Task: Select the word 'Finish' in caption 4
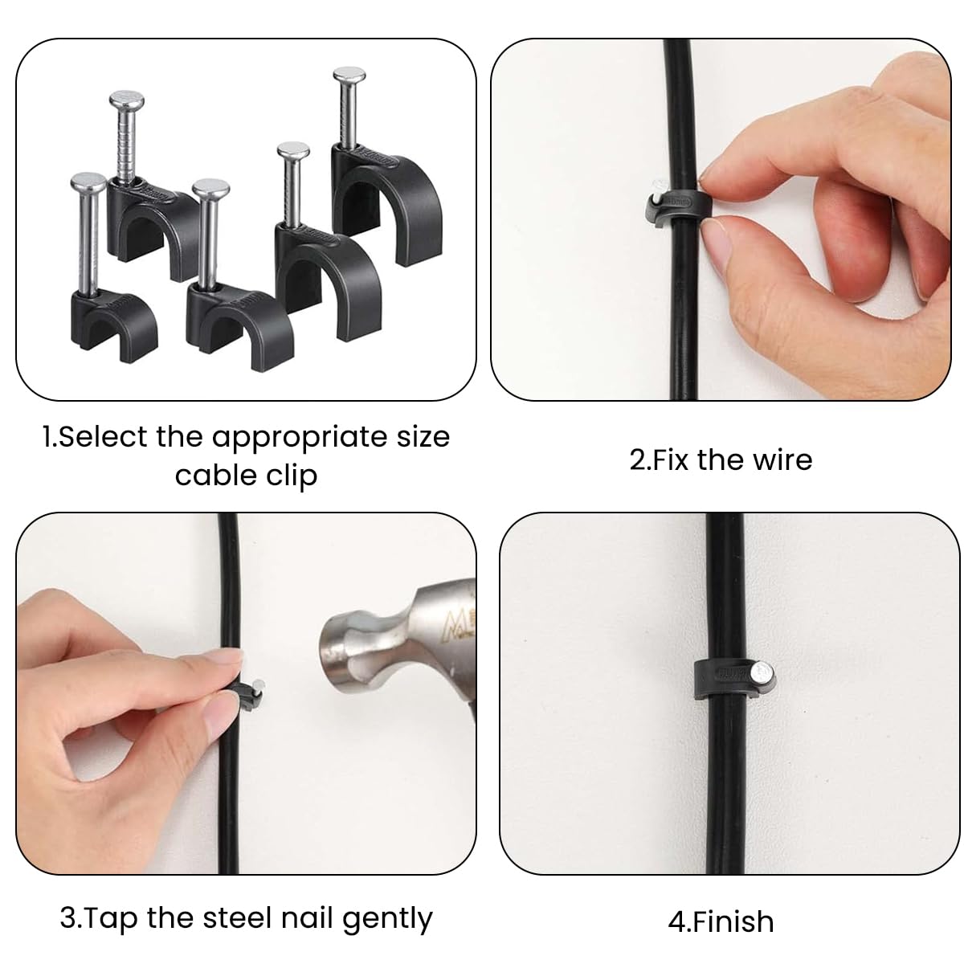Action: coord(733,922)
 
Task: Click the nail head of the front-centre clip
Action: coord(211,192)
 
